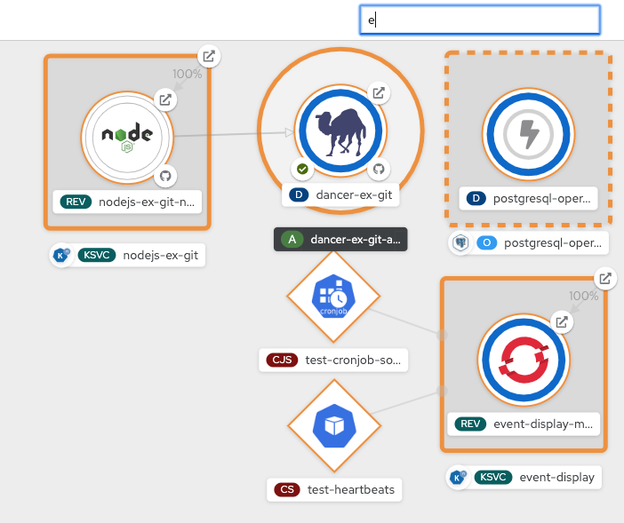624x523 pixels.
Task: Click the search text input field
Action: pos(479,20)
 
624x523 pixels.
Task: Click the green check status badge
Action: pos(302,168)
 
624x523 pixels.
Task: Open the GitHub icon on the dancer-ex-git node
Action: pos(378,168)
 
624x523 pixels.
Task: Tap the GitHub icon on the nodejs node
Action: pos(164,176)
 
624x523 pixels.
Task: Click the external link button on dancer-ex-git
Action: pos(378,93)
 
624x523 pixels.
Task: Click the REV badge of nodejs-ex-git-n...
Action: pos(76,202)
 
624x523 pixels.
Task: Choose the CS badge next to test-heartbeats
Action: pos(286,489)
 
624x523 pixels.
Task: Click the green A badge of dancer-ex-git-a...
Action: pos(292,239)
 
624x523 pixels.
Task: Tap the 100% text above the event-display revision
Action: pos(583,296)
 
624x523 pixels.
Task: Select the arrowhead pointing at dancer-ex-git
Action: pos(288,132)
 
